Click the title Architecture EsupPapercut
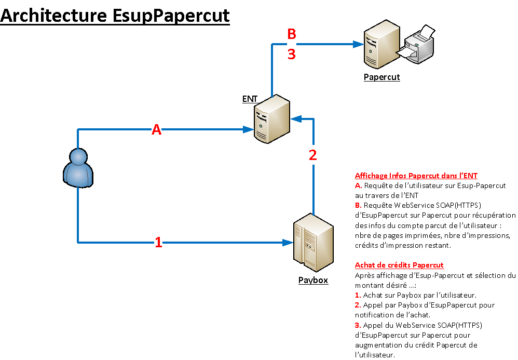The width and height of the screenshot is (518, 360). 115,16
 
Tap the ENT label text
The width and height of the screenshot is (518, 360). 250,99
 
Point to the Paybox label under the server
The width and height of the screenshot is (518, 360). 313,281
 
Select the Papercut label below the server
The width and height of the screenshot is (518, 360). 381,77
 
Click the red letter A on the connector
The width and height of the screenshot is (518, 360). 156,130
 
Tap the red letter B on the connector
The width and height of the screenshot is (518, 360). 292,34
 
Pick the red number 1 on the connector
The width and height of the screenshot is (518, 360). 159,242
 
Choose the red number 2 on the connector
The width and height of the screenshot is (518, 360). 312,155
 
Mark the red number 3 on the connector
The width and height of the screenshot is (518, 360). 292,54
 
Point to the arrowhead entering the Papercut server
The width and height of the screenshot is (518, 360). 358,45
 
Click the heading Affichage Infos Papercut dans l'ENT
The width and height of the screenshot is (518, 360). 416,176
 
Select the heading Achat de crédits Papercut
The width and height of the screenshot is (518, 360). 399,265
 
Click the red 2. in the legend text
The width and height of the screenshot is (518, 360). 358,305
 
